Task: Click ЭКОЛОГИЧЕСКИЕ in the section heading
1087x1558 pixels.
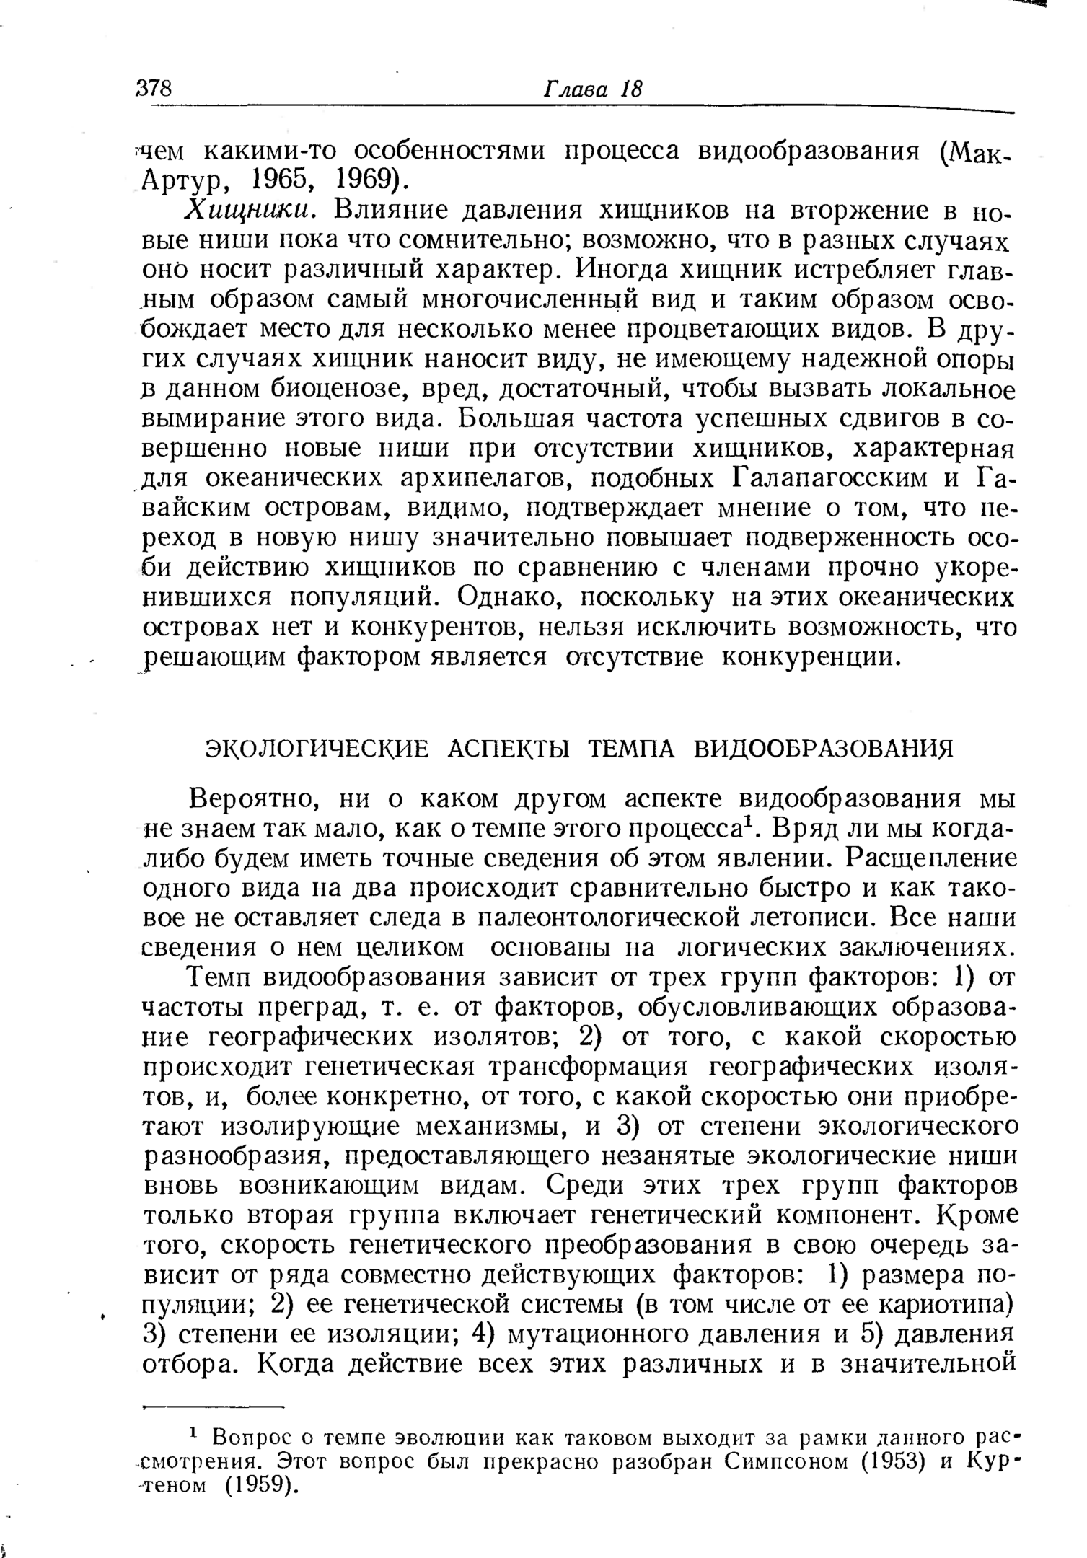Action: coord(316,749)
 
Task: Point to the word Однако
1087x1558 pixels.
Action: coord(511,598)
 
